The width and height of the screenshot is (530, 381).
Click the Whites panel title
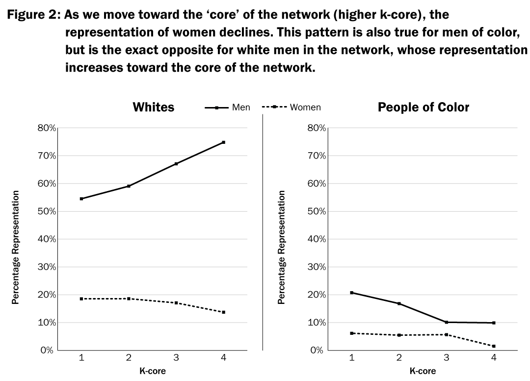(x=153, y=108)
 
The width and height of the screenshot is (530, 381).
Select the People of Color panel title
(x=423, y=108)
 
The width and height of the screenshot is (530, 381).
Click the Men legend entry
(x=240, y=108)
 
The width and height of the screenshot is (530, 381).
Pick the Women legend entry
(x=305, y=108)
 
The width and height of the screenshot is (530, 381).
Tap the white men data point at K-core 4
(x=223, y=142)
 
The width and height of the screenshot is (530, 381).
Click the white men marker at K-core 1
(x=81, y=199)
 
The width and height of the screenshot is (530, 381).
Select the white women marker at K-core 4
(x=223, y=312)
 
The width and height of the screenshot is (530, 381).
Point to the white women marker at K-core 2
(x=129, y=299)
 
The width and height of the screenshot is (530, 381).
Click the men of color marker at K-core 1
(x=352, y=293)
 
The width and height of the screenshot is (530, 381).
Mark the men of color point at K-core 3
(x=446, y=322)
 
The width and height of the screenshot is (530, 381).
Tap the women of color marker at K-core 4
(x=493, y=346)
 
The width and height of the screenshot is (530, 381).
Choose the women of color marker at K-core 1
(x=352, y=333)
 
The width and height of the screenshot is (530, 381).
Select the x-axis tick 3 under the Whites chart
(x=176, y=358)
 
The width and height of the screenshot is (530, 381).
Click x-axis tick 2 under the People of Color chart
(x=399, y=358)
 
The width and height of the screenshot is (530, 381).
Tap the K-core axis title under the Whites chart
(x=153, y=371)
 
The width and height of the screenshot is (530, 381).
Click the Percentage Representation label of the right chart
(x=281, y=247)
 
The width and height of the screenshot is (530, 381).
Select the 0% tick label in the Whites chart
(x=48, y=351)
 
